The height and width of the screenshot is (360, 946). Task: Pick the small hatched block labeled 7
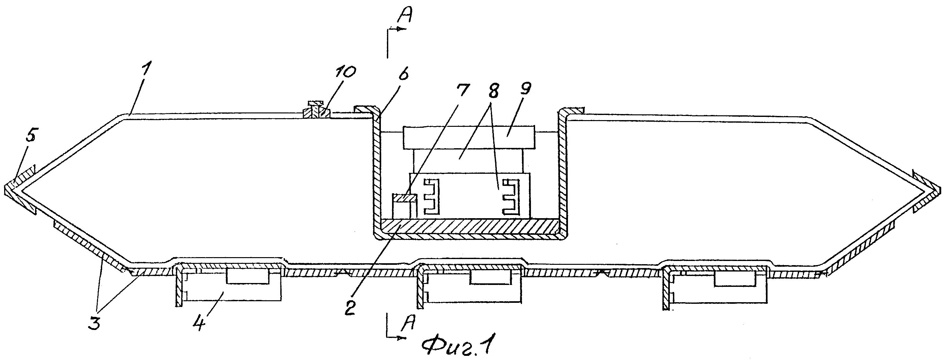click(x=404, y=198)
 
